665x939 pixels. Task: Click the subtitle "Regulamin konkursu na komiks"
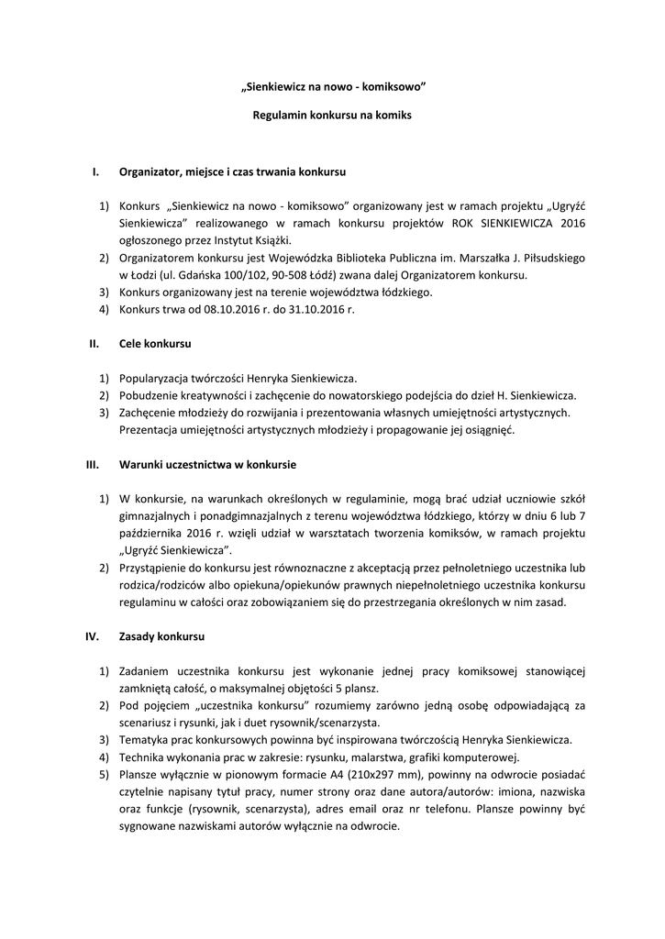point(332,116)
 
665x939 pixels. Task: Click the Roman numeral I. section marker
point(94,171)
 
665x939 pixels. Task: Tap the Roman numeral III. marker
point(92,465)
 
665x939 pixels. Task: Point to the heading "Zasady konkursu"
point(162,636)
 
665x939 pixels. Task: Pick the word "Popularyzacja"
point(155,379)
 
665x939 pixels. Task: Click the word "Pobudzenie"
point(149,395)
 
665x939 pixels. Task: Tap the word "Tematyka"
point(145,740)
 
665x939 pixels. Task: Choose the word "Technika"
point(143,757)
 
